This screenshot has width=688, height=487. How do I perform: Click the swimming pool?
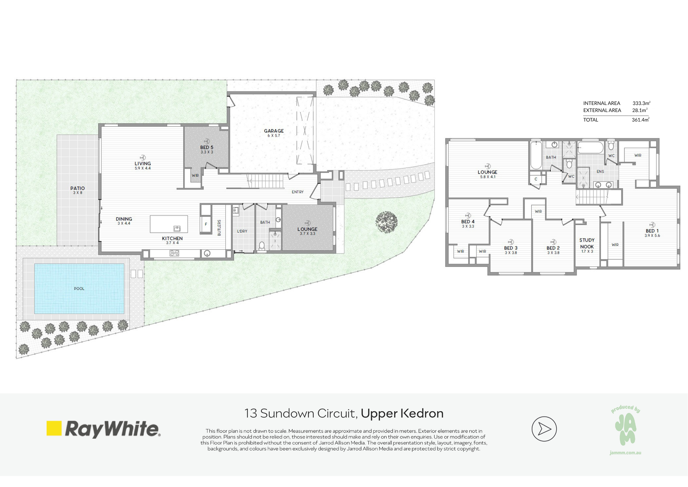click(79, 288)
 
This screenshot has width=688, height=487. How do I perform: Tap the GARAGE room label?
click(274, 131)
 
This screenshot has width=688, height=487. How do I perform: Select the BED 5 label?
click(207, 147)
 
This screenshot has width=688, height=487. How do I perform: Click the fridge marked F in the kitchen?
click(206, 224)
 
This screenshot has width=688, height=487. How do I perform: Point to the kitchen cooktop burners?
click(174, 253)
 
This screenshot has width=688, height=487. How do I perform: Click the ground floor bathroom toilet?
click(262, 246)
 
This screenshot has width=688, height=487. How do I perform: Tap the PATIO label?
click(78, 188)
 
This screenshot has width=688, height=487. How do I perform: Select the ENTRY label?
click(298, 192)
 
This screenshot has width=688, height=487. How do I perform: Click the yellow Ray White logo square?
click(54, 428)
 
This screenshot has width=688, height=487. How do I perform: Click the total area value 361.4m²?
click(640, 120)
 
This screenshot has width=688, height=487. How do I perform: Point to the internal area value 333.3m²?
click(641, 103)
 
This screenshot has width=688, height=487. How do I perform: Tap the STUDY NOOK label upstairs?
click(587, 243)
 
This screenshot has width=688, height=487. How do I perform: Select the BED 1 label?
click(652, 231)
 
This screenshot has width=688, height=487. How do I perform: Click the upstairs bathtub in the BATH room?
click(536, 155)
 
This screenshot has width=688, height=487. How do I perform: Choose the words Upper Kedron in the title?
click(402, 413)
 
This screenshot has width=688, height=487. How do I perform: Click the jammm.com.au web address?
click(625, 453)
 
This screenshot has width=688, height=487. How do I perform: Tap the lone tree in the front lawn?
click(386, 222)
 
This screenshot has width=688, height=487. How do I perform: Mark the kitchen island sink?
click(177, 228)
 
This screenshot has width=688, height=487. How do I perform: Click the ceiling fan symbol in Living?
click(143, 158)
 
